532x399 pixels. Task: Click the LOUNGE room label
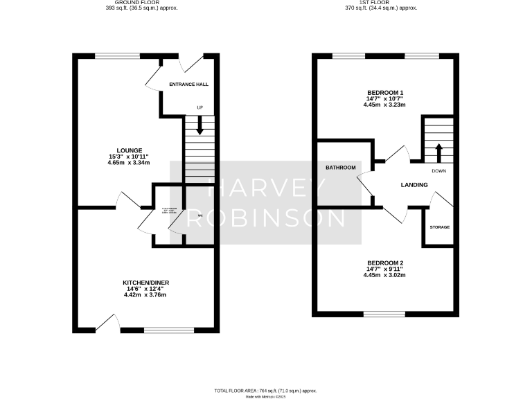coord(130,150)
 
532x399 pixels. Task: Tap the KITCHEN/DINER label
coord(146,283)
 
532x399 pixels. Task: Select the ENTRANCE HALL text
coord(188,85)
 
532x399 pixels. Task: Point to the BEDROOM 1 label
coord(384,93)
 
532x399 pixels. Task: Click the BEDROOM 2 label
coord(384,263)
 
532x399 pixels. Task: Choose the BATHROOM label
coord(341,168)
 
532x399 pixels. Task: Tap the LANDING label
coord(414,184)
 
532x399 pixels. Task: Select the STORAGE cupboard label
coord(439,227)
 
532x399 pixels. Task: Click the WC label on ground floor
coord(200,216)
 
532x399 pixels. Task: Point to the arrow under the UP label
coord(200,127)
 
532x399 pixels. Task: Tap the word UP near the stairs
coord(200,108)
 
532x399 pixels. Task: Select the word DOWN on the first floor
coord(438,170)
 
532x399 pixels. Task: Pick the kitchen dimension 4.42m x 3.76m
coord(146,295)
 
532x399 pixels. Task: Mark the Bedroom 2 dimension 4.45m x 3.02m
coord(384,275)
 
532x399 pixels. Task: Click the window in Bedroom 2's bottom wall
coord(385,314)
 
